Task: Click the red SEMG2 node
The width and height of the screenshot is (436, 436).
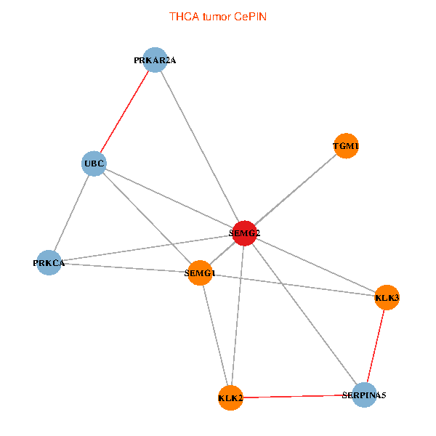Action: point(245,233)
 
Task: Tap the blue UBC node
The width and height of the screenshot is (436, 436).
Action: point(94,163)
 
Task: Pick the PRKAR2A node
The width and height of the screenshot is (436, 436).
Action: point(156,60)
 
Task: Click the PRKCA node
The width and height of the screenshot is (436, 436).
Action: point(49,262)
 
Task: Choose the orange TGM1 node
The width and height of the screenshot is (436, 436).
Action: point(346,146)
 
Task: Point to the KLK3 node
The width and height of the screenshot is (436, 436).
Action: point(387,297)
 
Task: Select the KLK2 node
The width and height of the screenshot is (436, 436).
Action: point(230,397)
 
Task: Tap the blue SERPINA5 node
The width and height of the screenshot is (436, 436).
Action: point(365,395)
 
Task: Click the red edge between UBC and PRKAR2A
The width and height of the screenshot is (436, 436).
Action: point(125,112)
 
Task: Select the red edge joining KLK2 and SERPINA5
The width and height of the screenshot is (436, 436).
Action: point(298,396)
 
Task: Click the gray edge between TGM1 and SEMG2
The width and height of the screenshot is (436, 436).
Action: point(296,190)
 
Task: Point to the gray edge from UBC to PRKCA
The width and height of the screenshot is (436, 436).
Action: point(72,213)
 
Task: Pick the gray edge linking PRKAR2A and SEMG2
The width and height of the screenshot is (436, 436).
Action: point(200,146)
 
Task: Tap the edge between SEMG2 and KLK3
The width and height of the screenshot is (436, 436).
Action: point(316,265)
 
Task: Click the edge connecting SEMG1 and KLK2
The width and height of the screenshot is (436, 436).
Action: point(215,335)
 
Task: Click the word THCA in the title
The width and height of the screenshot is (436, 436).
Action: point(182,16)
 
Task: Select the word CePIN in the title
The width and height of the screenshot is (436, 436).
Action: point(250,16)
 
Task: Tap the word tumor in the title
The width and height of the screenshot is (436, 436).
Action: point(215,16)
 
